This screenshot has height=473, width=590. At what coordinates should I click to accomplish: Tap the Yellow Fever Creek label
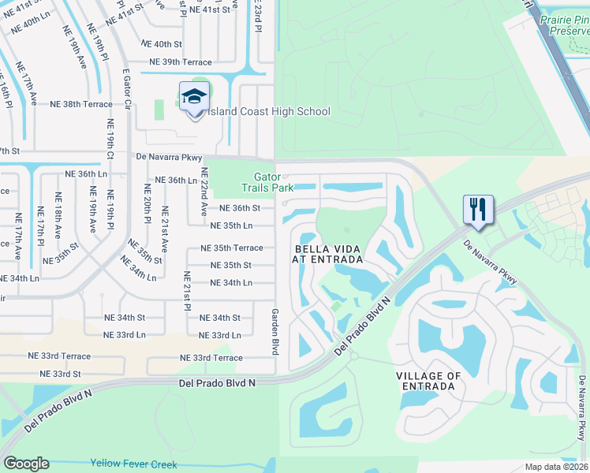pyautogui.click(x=133, y=464)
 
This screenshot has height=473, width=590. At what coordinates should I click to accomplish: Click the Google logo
pyautogui.click(x=26, y=464)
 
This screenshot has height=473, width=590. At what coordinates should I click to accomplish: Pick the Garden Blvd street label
pyautogui.click(x=276, y=331)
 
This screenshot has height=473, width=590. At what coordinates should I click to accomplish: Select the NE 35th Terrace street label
pyautogui.click(x=231, y=248)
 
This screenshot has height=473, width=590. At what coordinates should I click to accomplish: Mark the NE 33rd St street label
pyautogui.click(x=60, y=374)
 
